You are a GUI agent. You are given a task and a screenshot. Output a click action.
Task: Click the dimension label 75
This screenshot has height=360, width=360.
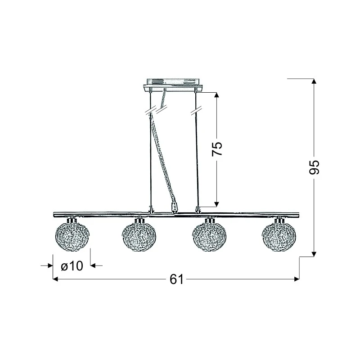[x=217, y=149]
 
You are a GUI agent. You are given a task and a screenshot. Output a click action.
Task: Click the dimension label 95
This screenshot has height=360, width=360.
[x=314, y=167]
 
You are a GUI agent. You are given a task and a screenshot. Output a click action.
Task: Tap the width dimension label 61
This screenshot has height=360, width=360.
[x=176, y=279]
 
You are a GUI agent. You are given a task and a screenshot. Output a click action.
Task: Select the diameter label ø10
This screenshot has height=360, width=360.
[x=72, y=266]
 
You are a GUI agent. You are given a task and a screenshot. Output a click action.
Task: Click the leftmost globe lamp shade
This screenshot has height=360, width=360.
[x=72, y=237]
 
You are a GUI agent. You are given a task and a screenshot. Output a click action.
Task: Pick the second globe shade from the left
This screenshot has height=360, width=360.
[x=139, y=237]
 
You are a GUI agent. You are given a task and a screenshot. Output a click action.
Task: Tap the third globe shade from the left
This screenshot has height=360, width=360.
[x=209, y=237]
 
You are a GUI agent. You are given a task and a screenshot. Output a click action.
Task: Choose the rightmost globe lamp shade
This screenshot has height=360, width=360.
[x=279, y=237]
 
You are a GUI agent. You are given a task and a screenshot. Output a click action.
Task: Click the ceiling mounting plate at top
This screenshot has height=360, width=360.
[x=173, y=85]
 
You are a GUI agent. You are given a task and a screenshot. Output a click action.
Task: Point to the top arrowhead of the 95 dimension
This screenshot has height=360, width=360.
[x=314, y=81]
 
